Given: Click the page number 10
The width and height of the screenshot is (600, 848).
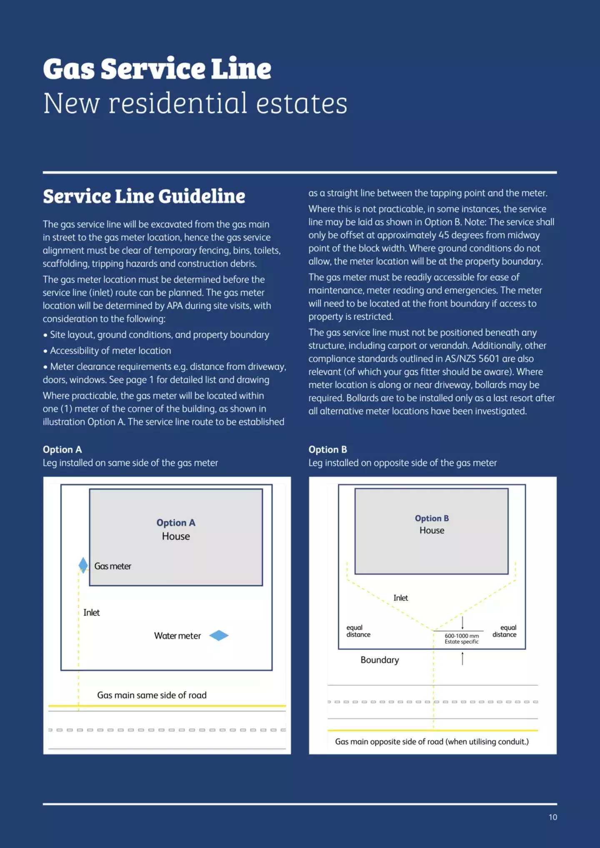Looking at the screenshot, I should coord(552,817).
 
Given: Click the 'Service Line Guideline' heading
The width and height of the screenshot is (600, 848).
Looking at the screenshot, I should coord(144,197).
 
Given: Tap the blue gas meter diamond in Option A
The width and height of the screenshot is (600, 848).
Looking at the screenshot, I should coord(83,565).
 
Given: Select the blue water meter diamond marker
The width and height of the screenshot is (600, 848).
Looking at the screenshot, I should coord(219,636).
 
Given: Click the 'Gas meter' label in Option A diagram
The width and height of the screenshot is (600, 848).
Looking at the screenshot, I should coord(112,566).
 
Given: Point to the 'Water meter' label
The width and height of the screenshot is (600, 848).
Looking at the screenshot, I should coord(177,636).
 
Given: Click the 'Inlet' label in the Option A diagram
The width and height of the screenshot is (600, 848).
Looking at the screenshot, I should coord(91,612).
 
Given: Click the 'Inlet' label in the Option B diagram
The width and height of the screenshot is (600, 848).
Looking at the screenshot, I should coord(400,598).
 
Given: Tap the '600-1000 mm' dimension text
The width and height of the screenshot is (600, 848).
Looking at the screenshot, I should coord(462,636).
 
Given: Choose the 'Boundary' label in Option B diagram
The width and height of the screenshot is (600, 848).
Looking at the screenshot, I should coord(380,660).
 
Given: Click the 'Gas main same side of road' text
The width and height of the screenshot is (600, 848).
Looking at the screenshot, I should coord(152,695).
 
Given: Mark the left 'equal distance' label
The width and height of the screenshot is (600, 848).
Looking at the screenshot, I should coord(358,631).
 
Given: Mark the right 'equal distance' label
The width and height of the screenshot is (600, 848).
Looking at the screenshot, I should coord(505,631).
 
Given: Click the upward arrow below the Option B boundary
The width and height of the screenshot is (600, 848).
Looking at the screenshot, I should coord(462,658).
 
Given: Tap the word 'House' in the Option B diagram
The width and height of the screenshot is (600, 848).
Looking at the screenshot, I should coord(432,530).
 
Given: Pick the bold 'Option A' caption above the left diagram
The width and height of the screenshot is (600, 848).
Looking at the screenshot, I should coord(62,449).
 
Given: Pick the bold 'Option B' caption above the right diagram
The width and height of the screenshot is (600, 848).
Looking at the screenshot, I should coord(327,449).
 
